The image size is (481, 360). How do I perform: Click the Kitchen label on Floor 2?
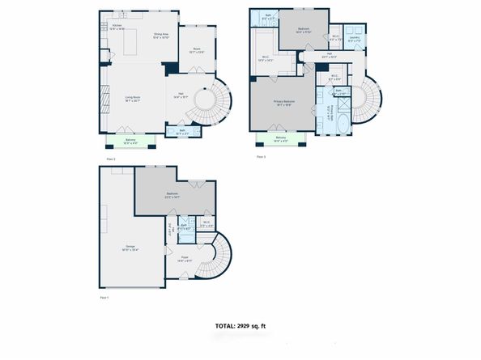pyautogui.click(x=117, y=27)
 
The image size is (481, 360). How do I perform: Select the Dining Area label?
pyautogui.click(x=160, y=36)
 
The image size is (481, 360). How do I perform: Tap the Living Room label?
pyautogui.click(x=132, y=99)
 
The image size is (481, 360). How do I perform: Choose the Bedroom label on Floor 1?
pyautogui.click(x=173, y=194)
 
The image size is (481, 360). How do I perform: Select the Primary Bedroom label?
pyautogui.click(x=283, y=103)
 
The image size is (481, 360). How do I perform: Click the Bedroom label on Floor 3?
pyautogui.click(x=303, y=30)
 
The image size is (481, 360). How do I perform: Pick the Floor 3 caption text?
pyautogui.click(x=261, y=156)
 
